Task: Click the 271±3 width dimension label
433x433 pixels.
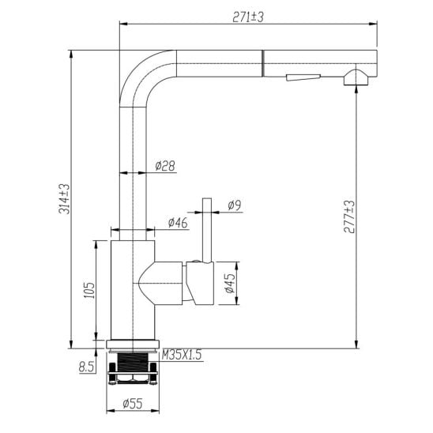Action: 248,17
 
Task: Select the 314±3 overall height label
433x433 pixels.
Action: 64,199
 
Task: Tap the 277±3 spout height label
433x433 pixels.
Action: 349,217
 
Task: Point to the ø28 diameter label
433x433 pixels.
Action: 165,166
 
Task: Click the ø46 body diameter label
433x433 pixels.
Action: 178,223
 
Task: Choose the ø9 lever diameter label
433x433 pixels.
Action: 235,205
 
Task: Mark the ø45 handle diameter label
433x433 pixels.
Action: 230,283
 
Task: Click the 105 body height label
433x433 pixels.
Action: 89,290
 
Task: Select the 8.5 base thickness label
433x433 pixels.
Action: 86,367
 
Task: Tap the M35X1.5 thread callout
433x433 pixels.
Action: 182,355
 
